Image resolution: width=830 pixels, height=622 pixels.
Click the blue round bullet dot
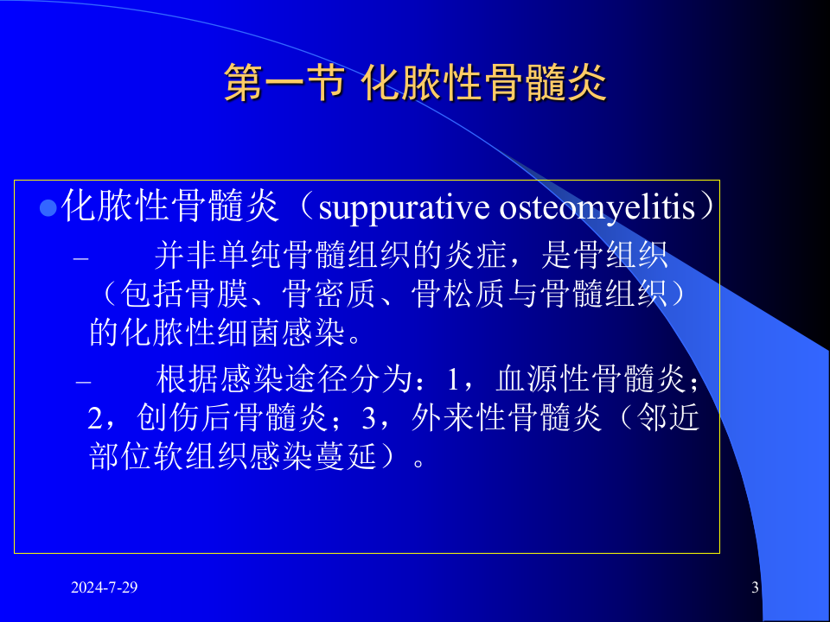48,208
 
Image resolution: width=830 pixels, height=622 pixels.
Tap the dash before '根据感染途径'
83,382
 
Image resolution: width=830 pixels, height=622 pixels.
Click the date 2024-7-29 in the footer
104,588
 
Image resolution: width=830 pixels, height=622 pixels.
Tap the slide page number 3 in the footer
755,589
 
